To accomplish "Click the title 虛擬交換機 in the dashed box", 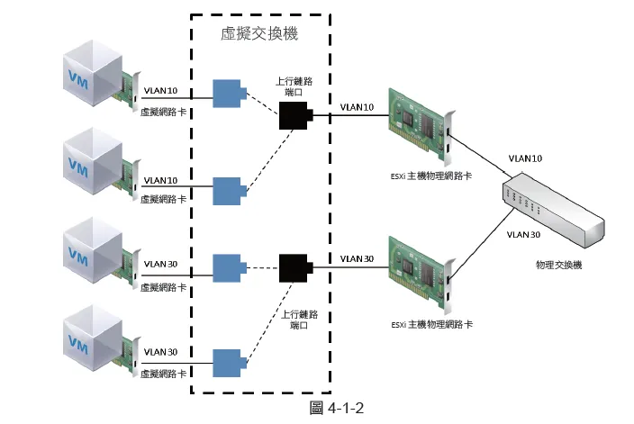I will tap(259, 34).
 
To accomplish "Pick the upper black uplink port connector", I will tap(294, 115).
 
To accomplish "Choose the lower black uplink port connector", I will tap(294, 267).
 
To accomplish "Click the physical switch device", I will tap(551, 208).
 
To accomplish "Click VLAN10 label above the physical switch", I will tap(525, 158).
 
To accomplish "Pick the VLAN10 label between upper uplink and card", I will tap(357, 107).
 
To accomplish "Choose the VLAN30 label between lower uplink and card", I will tap(357, 259).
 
